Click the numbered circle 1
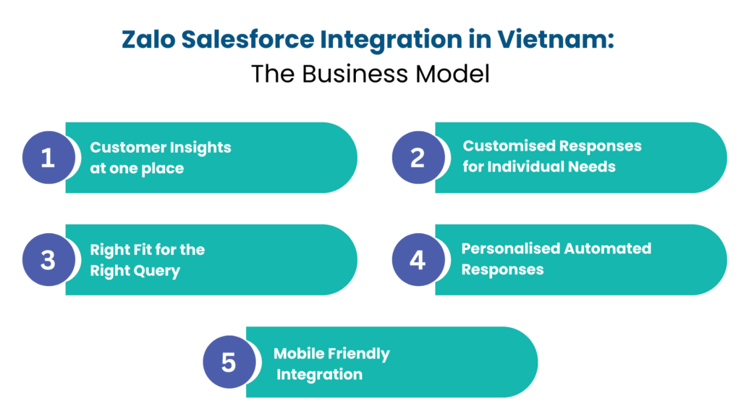click(x=48, y=157)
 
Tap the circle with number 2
click(x=418, y=157)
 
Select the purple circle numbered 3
click(x=48, y=259)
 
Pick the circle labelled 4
click(x=418, y=259)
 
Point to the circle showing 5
click(x=229, y=361)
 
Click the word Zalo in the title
click(x=147, y=40)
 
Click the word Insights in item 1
click(x=200, y=148)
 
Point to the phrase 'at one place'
click(x=137, y=169)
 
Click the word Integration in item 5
click(x=319, y=375)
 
